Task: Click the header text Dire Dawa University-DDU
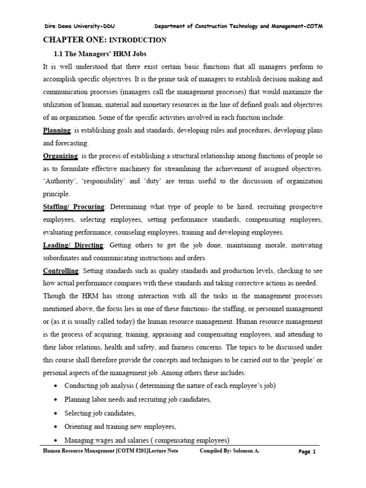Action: (x=79, y=26)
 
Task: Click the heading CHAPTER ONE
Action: (x=74, y=40)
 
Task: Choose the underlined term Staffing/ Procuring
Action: (x=74, y=207)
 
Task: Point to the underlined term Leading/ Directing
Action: (x=73, y=245)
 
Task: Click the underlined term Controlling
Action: (x=61, y=271)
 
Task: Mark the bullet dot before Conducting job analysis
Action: (x=57, y=386)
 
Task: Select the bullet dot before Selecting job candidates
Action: (x=57, y=413)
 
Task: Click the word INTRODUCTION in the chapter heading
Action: (x=138, y=41)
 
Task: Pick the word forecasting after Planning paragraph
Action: (x=72, y=143)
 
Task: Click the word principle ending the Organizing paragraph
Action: (x=56, y=194)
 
